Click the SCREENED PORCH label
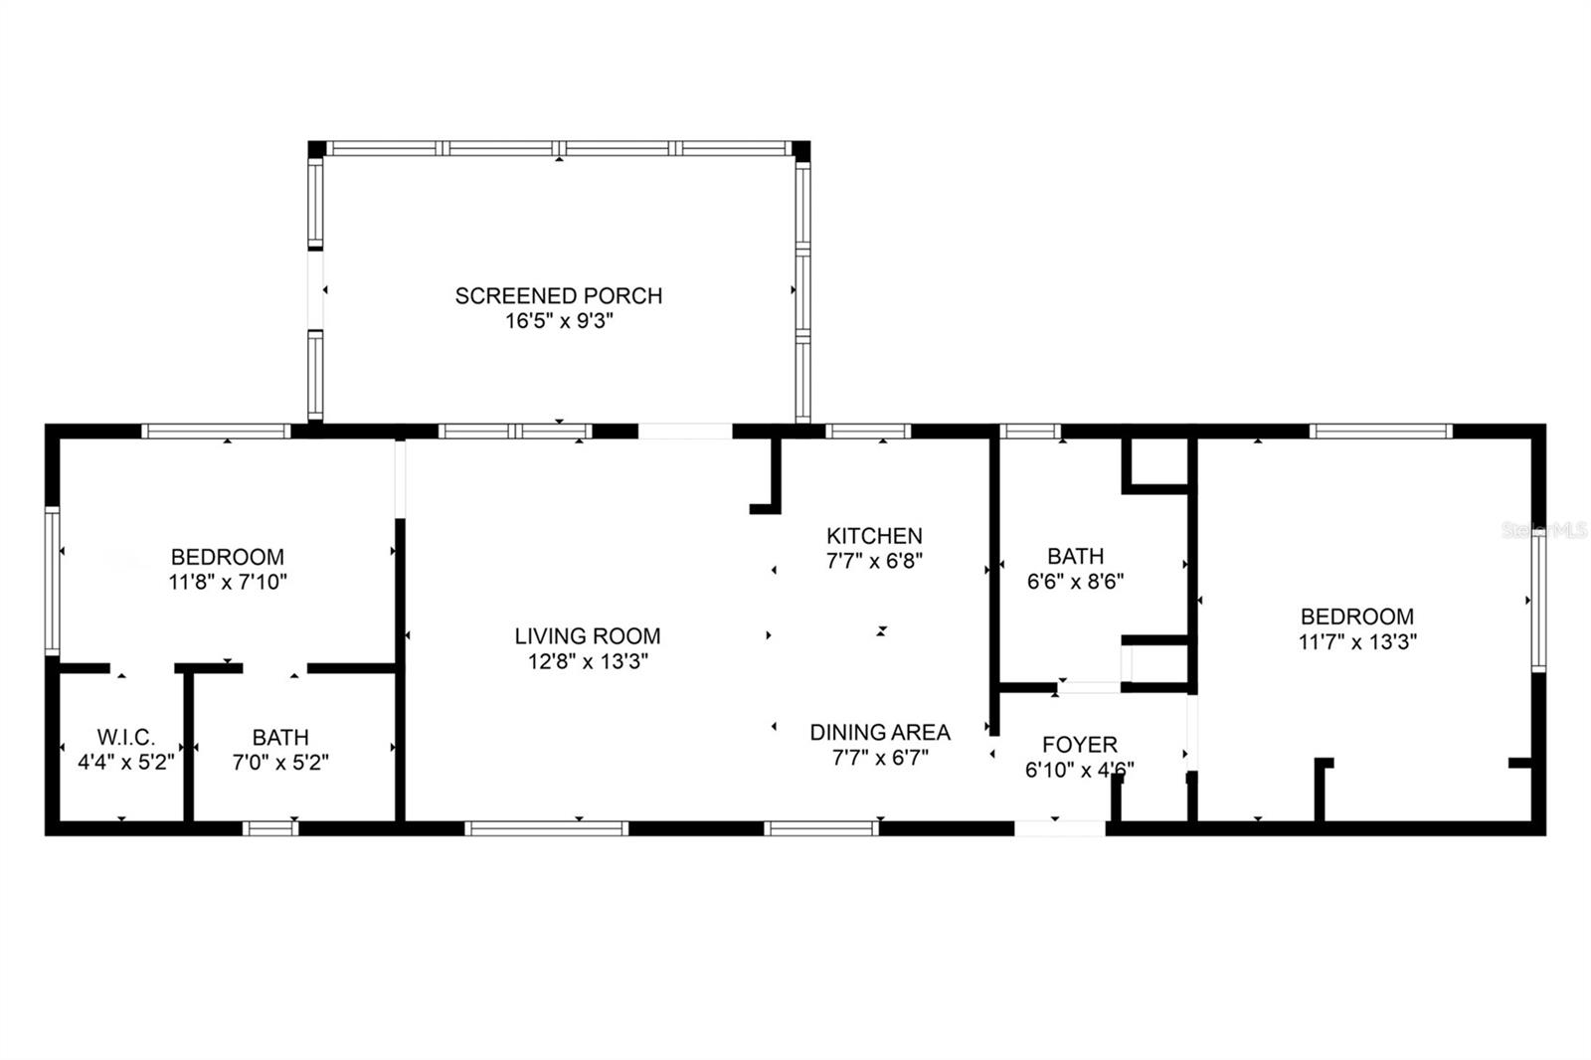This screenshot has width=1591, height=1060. point(558,295)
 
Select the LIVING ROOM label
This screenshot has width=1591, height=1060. point(588,635)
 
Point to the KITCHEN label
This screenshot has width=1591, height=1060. point(874,536)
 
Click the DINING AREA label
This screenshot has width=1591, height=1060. point(880,732)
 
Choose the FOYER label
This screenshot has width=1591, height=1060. point(1079,744)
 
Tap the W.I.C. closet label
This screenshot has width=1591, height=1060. point(126,737)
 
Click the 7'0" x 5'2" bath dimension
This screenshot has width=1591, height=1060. point(280,763)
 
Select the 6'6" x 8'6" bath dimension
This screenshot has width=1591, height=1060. point(1075,581)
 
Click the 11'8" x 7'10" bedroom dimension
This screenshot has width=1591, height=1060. point(228,582)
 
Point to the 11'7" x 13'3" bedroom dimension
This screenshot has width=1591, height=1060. point(1357,641)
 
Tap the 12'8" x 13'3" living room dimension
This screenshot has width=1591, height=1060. point(588,661)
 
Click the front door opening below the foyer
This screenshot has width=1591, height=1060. point(1059,827)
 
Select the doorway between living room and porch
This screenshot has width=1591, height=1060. point(685,431)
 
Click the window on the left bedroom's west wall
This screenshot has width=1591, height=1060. point(53,581)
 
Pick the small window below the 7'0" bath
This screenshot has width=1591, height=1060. point(270,827)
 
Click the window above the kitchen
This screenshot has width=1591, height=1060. point(868,431)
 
